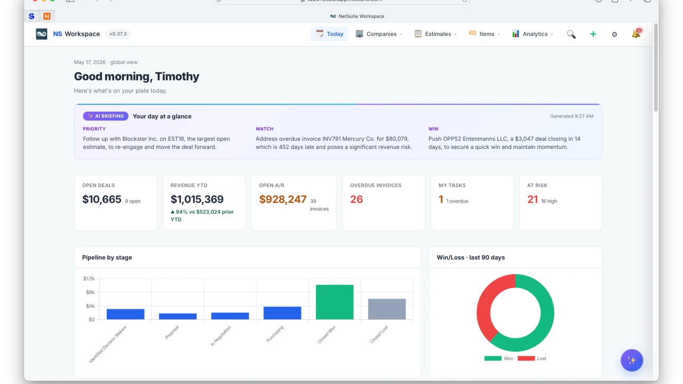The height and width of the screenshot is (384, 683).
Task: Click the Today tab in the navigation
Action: tap(329, 34)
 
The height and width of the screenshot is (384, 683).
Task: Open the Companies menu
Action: tap(379, 34)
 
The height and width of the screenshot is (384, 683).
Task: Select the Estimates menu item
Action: tap(435, 34)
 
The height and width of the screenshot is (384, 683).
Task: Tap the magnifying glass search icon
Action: tap(571, 34)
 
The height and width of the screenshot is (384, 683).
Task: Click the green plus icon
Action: tap(593, 34)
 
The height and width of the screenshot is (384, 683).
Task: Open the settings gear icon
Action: tap(614, 35)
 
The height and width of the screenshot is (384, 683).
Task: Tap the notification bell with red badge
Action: tap(637, 33)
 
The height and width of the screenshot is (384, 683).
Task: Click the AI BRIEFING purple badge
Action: tap(106, 116)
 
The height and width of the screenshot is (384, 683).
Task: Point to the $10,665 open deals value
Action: tap(101, 199)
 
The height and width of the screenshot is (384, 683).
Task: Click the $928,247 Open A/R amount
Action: tap(283, 199)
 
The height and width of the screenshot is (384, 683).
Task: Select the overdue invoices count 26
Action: tap(356, 199)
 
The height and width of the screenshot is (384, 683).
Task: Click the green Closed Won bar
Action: tap(335, 302)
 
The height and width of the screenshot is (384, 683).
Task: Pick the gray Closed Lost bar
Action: tap(387, 309)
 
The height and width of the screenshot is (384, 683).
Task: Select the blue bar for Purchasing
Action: tap(282, 313)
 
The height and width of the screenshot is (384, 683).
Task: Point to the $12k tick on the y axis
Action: tap(89, 278)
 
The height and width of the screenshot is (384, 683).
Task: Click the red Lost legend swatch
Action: tap(526, 358)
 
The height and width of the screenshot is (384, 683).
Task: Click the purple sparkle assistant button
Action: tap(632, 360)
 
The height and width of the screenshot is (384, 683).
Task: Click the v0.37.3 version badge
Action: tap(118, 34)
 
